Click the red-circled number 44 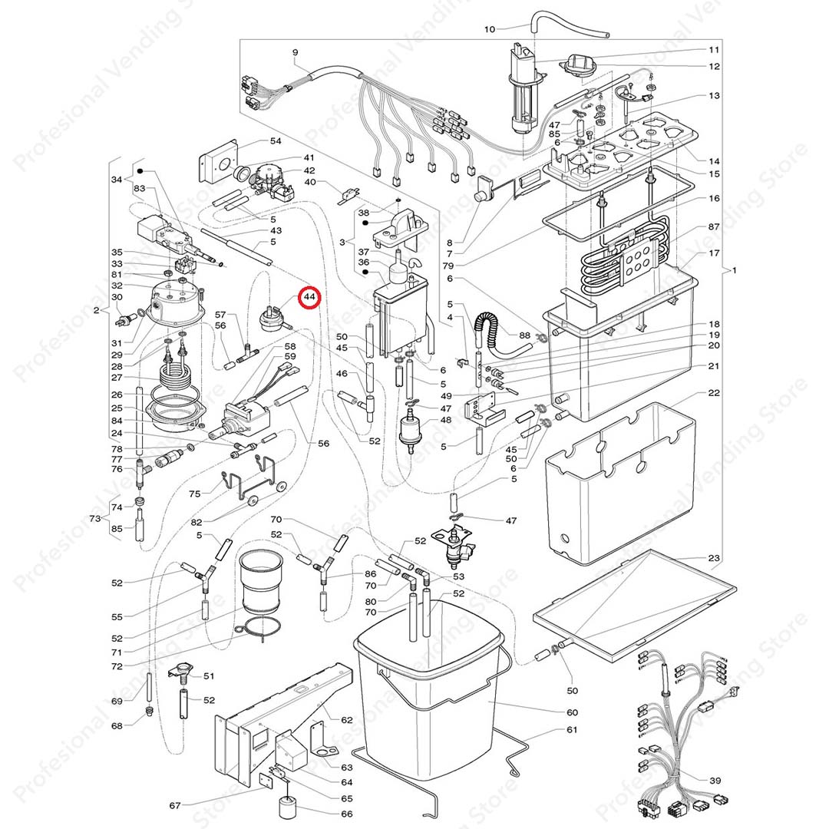pos(310,296)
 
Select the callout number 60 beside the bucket pos(572,712)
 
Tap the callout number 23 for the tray pos(714,558)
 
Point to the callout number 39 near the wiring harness pos(715,781)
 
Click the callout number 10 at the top pos(490,29)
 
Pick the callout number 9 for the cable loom pos(295,51)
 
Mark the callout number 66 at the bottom pos(347,814)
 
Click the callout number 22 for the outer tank pos(714,393)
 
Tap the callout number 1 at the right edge pos(735,270)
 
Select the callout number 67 pos(175,805)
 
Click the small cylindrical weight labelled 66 pos(288,808)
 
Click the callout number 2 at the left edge pos(96,310)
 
